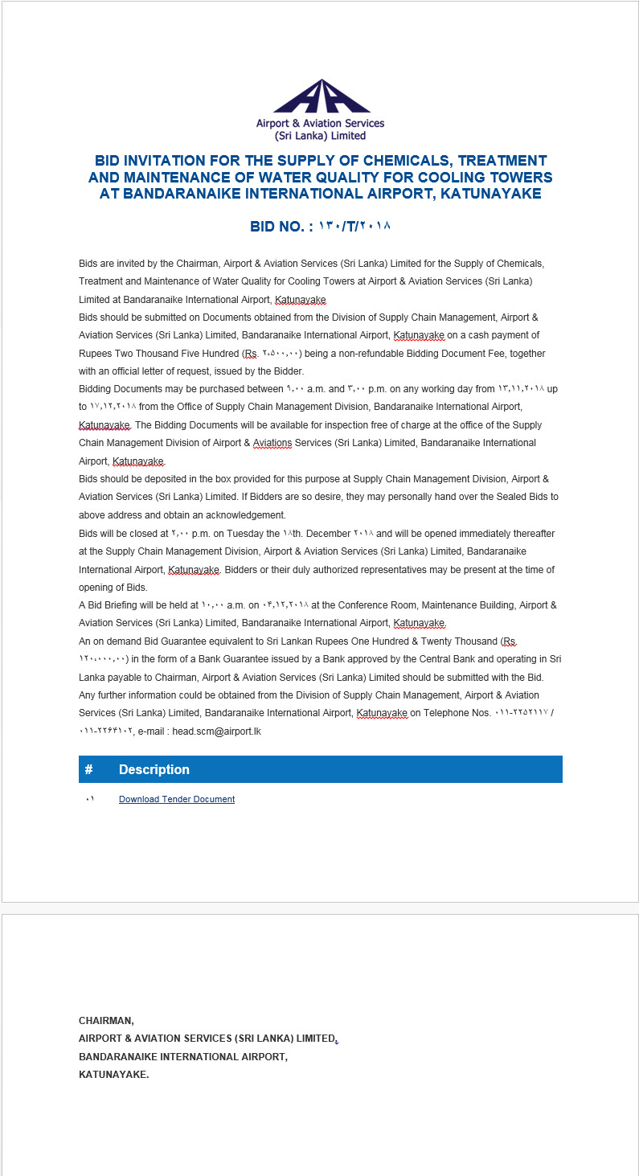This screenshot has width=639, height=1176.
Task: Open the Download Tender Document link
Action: pos(177,799)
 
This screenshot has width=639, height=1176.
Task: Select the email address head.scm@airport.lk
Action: pos(216,731)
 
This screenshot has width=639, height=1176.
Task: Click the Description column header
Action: pos(154,769)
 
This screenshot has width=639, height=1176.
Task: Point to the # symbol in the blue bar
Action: pos(88,769)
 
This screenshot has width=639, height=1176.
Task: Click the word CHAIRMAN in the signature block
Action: pos(106,1021)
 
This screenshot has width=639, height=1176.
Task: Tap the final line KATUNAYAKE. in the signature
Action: pos(113,1074)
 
